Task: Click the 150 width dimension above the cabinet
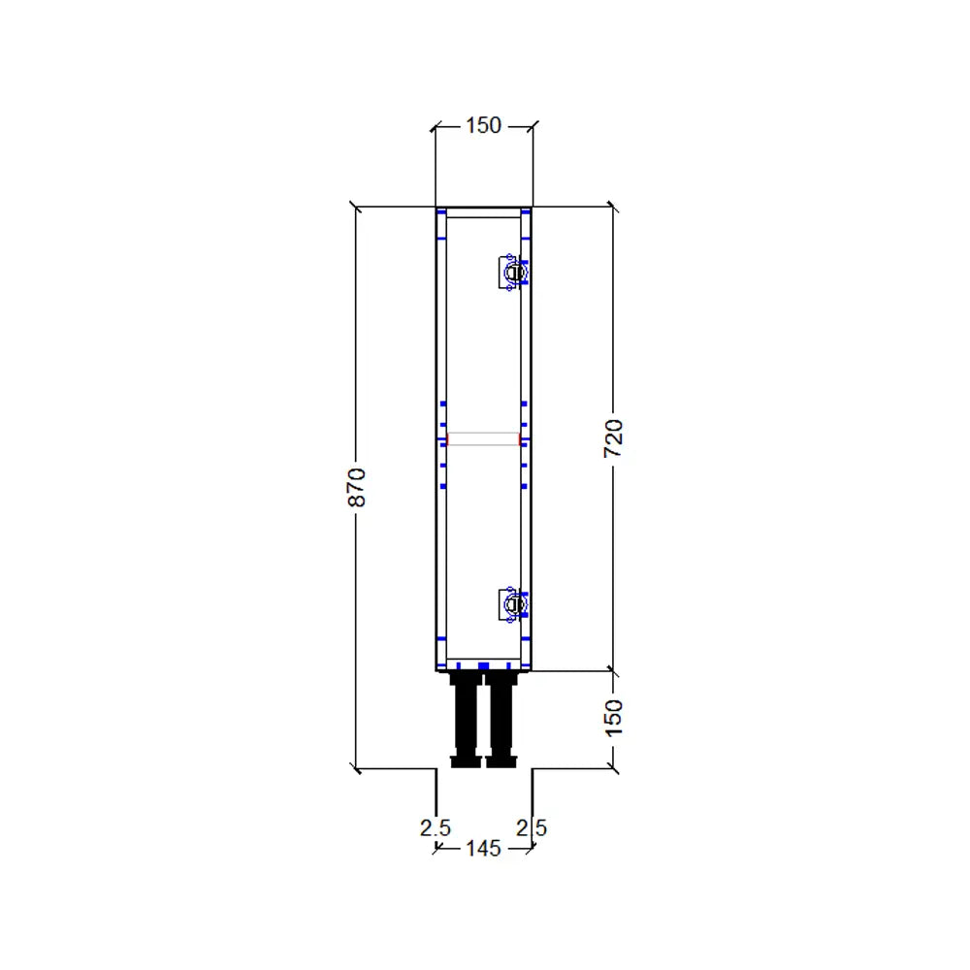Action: tap(483, 125)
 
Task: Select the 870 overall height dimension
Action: tap(356, 487)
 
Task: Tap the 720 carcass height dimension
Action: tap(613, 439)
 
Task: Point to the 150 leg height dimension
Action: tap(613, 717)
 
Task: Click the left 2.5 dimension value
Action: tap(435, 828)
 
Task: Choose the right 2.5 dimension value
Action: tap(532, 828)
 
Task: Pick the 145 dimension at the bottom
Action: tap(483, 849)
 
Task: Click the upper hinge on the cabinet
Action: tap(512, 273)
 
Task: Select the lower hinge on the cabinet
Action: tap(512, 604)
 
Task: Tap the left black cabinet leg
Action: tap(467, 721)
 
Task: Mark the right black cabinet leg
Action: tap(501, 721)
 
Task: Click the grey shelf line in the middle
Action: tap(483, 439)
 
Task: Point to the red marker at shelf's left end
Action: tap(446, 439)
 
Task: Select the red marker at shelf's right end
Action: tap(521, 439)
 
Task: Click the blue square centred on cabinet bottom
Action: tap(483, 666)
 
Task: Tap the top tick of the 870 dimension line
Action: tap(356, 207)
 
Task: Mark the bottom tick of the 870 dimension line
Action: tap(356, 768)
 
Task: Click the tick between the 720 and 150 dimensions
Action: tap(612, 669)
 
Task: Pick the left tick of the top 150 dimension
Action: tap(435, 125)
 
